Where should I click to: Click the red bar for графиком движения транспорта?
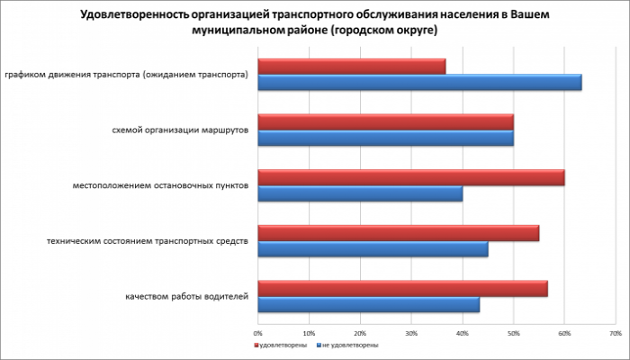pos(352,67)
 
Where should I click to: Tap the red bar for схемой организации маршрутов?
pos(385,121)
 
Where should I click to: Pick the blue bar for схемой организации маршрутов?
pos(385,139)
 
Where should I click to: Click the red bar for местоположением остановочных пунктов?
pos(411,177)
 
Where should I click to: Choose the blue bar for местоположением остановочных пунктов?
pos(360,194)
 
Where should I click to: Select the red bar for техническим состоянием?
pos(398,233)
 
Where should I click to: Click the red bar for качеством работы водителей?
pos(402,288)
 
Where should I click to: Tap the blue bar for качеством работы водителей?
pos(369,305)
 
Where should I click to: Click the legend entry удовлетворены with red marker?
pos(283,345)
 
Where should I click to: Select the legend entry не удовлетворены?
pos(347,345)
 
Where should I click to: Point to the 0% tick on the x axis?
pos(258,332)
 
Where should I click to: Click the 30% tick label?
pos(410,332)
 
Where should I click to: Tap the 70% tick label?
pos(615,332)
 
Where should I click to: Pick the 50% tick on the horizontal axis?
pos(513,332)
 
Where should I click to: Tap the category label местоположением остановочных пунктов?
pos(159,185)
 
